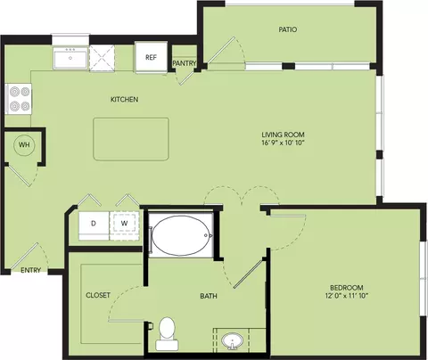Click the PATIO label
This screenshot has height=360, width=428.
pyautogui.click(x=288, y=29)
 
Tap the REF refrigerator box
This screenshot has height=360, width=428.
pyautogui.click(x=151, y=57)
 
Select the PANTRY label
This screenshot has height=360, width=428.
pyautogui.click(x=185, y=63)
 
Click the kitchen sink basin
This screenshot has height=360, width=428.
pyautogui.click(x=70, y=58)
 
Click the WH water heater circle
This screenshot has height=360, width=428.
pyautogui.click(x=24, y=145)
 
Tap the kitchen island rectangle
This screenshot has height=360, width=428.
pyautogui.click(x=131, y=139)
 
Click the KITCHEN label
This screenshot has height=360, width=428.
pyautogui.click(x=124, y=99)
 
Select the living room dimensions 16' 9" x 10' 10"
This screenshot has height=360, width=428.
pyautogui.click(x=283, y=143)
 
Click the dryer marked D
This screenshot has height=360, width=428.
pyautogui.click(x=94, y=225)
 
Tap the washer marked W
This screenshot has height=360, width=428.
pyautogui.click(x=124, y=225)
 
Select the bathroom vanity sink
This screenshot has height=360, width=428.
pyautogui.click(x=232, y=341)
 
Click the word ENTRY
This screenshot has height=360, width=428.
pyautogui.click(x=30, y=270)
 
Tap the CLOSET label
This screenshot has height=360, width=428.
pyautogui.click(x=98, y=295)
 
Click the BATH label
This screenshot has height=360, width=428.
pyautogui.click(x=209, y=296)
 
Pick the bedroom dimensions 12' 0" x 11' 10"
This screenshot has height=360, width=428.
pyautogui.click(x=347, y=296)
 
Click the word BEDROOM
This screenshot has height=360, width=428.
pyautogui.click(x=347, y=288)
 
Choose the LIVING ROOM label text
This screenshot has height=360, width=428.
pyautogui.click(x=283, y=135)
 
